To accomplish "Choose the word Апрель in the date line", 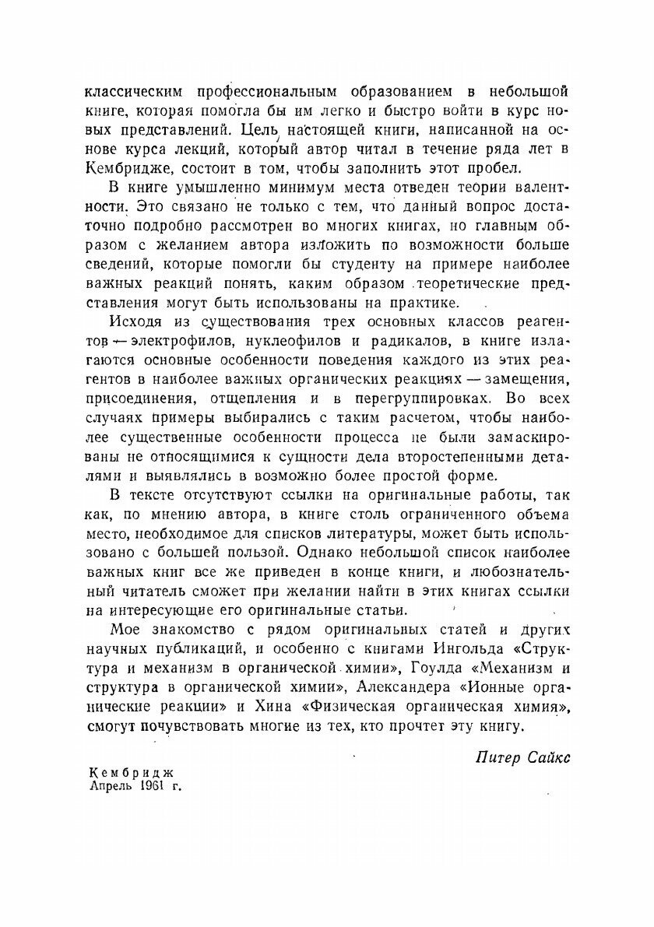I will pos(114,786).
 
